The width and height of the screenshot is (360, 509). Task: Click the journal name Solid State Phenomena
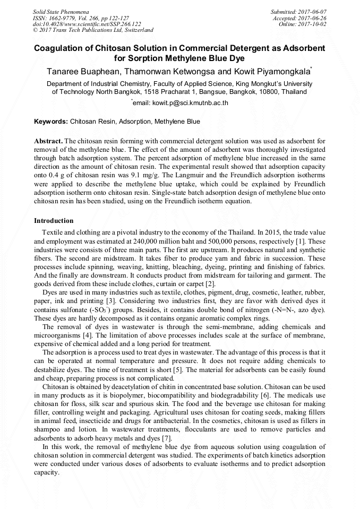pos(61,11)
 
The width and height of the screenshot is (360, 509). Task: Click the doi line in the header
pos(87,24)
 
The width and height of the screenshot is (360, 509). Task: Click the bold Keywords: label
pos(51,122)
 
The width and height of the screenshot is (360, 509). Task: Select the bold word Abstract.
pos(48,142)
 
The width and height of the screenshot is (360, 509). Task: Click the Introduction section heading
pos(54,220)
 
